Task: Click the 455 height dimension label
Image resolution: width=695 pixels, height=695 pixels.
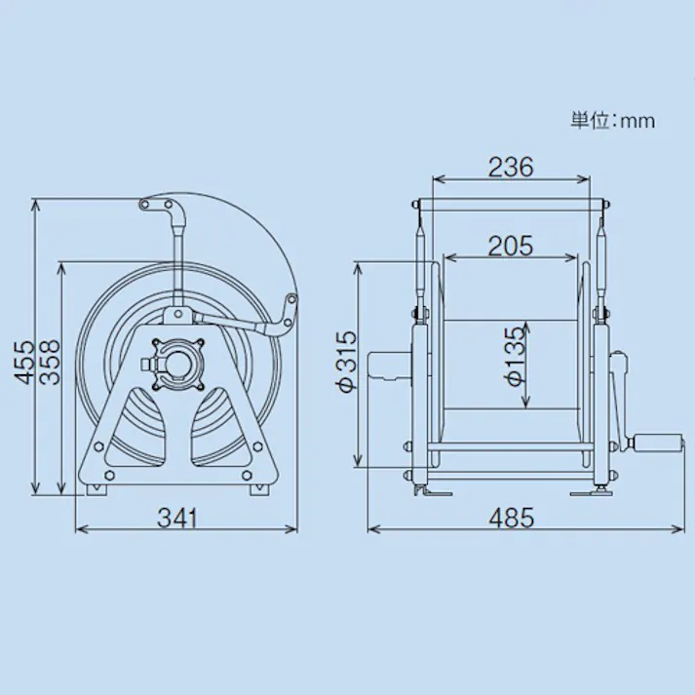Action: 24,362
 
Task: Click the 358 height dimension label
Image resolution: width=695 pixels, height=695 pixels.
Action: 50,362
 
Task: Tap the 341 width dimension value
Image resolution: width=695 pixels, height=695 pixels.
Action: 176,518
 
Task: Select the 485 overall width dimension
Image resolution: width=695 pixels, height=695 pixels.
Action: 511,518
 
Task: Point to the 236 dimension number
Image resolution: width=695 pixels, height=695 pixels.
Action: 511,167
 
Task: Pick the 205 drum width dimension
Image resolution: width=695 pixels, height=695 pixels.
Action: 510,246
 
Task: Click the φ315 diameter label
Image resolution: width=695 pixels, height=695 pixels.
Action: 347,361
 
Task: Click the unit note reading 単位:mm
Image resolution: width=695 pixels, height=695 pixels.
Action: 612,121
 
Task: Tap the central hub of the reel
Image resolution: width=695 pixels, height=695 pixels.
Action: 177,364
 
